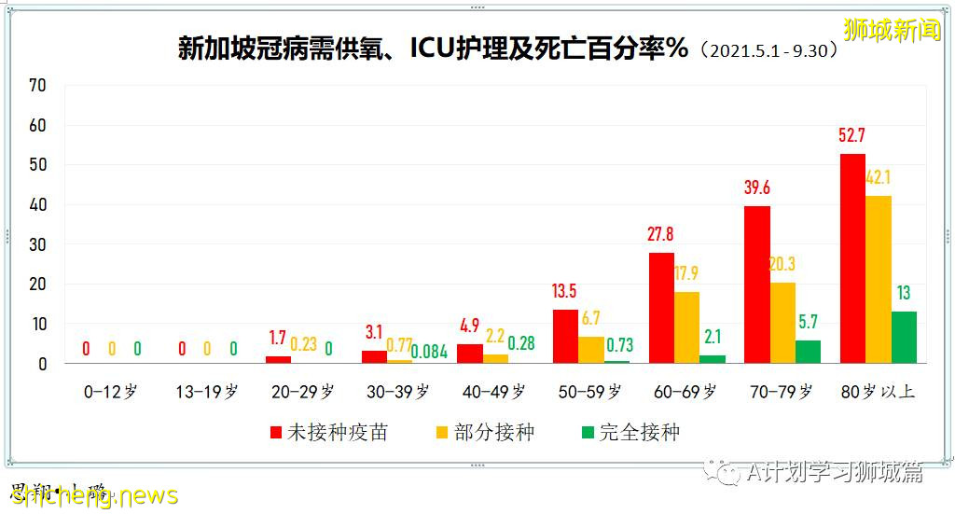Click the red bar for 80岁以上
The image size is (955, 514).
pos(852,258)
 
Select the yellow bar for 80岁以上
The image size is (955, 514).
pos(879,279)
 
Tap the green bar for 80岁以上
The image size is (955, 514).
pos(904,337)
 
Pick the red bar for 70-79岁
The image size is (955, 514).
pos(757,285)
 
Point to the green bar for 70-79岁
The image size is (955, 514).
pos(809,352)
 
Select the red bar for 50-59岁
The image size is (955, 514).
pos(565,336)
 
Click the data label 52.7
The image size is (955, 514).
pos(852,136)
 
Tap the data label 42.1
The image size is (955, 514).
pos(879,178)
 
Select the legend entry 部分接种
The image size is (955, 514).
pos(485,432)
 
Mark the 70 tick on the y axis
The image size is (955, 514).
pos(37,85)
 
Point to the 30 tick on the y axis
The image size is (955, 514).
pos(37,244)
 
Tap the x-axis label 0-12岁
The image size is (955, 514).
pos(110,392)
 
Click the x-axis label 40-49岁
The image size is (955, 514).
pos(493,392)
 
